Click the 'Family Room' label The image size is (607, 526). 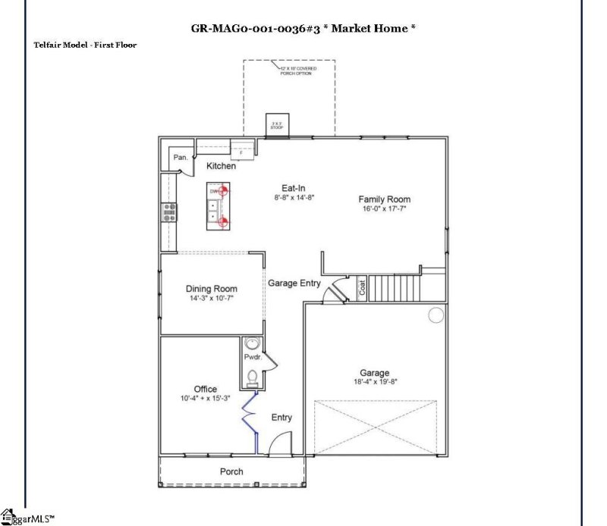(x=384, y=199)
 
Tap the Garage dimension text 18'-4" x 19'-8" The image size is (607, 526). (x=374, y=382)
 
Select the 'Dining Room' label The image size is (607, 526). (x=211, y=289)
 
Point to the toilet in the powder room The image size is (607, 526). (x=252, y=375)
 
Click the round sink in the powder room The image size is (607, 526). (x=252, y=343)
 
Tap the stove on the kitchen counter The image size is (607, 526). (x=168, y=213)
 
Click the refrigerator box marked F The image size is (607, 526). (x=241, y=152)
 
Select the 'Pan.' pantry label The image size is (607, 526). (x=181, y=158)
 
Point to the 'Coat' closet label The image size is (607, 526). (x=363, y=288)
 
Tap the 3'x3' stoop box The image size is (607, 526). (x=277, y=125)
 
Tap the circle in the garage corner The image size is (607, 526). (x=436, y=315)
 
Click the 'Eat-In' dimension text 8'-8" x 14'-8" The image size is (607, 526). (x=294, y=197)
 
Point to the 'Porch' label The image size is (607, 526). (x=231, y=471)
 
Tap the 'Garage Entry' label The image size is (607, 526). (x=294, y=283)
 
